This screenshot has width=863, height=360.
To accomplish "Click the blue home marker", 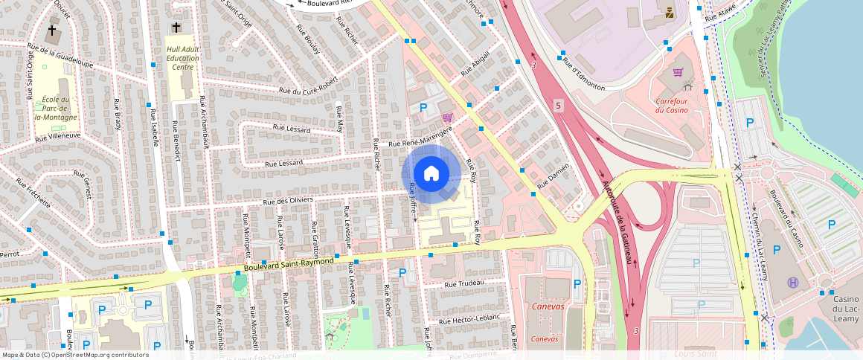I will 431,174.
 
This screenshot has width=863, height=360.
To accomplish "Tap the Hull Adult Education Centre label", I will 182,58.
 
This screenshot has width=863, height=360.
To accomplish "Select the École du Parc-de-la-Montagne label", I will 55,109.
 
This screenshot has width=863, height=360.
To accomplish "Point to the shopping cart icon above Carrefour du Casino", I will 678,73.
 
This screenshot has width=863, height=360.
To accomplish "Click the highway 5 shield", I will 558,107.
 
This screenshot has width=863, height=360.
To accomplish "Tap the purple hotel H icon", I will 793,283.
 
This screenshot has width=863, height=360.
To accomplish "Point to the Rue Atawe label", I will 720,14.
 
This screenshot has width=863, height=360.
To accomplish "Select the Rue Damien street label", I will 555,177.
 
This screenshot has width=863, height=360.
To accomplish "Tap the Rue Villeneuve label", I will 57,136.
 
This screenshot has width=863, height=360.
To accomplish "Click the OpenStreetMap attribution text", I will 74,355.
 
